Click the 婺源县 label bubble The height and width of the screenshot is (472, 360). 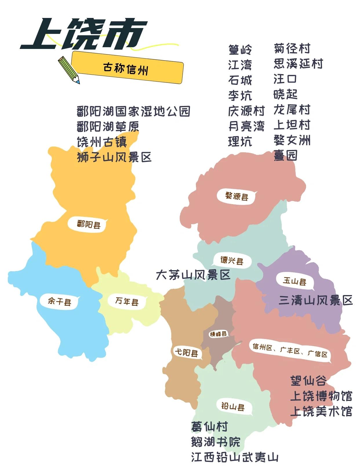237,197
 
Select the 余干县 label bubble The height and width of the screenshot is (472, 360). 59,301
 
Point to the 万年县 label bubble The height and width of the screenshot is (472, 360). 127,301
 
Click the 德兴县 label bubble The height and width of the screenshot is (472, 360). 232,260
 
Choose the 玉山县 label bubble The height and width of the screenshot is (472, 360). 294,281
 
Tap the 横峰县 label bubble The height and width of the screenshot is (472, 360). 218,334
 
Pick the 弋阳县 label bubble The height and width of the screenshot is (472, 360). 186,352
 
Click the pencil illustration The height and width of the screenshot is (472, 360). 69,69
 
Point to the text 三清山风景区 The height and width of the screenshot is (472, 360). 316,301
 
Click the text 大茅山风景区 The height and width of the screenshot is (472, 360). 193,275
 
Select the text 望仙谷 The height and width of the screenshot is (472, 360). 308,380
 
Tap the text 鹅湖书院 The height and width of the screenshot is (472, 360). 216,442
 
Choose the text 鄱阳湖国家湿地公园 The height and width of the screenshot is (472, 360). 133,111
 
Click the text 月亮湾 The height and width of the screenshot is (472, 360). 246,126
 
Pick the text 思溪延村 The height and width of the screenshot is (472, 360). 298,64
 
